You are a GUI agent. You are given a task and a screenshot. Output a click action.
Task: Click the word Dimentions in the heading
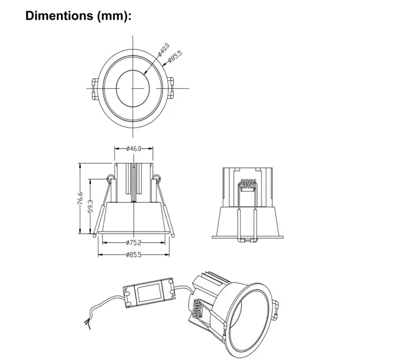click(59, 16)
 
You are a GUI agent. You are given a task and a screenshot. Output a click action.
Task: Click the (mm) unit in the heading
click(113, 16)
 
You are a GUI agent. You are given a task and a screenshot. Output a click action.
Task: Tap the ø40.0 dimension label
click(164, 50)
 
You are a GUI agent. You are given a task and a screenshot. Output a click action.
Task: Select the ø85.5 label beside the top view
click(175, 57)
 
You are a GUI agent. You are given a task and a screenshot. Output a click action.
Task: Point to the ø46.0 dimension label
click(134, 149)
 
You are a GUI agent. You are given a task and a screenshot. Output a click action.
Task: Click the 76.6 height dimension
click(80, 199)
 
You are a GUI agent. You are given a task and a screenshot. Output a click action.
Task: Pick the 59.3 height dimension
click(90, 206)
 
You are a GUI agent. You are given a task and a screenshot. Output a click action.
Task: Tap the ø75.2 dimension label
click(134, 242)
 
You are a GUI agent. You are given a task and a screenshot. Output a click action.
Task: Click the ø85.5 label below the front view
click(134, 255)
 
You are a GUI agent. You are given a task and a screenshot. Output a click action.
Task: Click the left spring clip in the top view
click(95, 89)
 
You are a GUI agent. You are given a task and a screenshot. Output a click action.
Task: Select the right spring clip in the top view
click(170, 88)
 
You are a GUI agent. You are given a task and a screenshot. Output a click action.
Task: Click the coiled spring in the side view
click(248, 184)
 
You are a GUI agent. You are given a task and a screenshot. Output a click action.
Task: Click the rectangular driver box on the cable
click(148, 293)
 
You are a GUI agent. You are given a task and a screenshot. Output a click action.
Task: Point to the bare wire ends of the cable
click(87, 323)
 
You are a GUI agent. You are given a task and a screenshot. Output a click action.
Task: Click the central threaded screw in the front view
click(134, 183)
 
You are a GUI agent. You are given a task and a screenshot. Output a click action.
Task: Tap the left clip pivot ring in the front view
click(110, 178)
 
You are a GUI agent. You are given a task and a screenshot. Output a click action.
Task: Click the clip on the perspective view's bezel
click(276, 309)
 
